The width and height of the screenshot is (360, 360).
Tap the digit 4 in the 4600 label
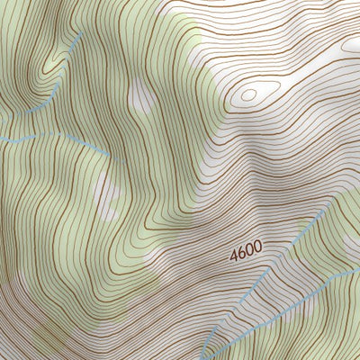click(x=234, y=256)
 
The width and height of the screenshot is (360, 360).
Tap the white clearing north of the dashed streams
click(x=140, y=94)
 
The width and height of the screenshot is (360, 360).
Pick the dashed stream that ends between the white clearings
click(x=54, y=138)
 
